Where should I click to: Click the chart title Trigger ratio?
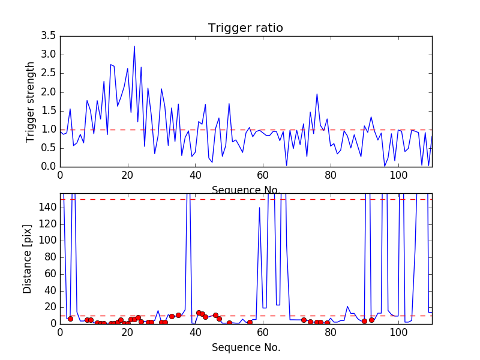[245, 28]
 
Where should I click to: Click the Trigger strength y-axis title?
[31, 102]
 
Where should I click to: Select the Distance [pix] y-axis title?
[28, 259]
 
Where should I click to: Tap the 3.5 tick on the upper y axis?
[49, 36]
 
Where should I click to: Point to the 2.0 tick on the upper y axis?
[49, 92]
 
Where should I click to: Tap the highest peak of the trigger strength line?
[134, 46]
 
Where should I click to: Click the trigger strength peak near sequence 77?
[317, 94]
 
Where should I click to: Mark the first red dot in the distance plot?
[70, 319]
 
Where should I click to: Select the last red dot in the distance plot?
[371, 320]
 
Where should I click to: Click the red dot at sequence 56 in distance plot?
[250, 322]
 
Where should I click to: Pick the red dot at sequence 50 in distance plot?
[229, 323]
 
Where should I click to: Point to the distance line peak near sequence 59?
[259, 208]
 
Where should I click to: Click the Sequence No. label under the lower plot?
[245, 347]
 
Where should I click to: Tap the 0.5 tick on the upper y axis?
[49, 148]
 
